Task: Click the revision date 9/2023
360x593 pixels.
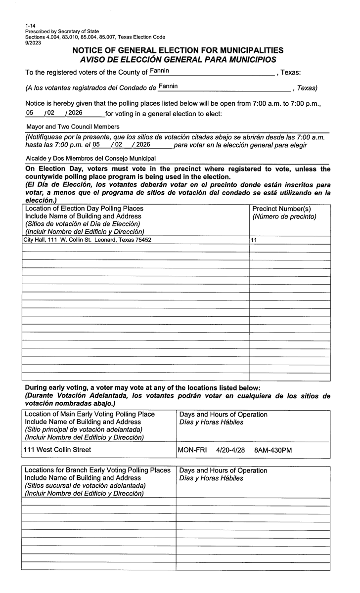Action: click(x=33, y=43)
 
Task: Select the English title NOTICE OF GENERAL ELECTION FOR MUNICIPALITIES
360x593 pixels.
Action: click(x=178, y=50)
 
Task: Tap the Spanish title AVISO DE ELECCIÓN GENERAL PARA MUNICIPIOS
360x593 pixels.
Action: click(x=174, y=59)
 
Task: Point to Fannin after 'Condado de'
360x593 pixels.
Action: click(x=168, y=86)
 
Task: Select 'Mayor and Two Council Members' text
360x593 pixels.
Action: click(x=73, y=127)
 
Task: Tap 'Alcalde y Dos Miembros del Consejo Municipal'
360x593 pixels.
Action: click(x=90, y=159)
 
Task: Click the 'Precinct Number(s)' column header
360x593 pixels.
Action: click(x=281, y=209)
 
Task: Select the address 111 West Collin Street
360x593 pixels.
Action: click(x=57, y=450)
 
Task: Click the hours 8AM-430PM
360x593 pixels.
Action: click(x=273, y=450)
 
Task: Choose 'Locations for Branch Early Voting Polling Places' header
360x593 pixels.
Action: click(x=97, y=470)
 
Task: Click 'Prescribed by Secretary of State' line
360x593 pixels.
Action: click(x=62, y=31)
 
